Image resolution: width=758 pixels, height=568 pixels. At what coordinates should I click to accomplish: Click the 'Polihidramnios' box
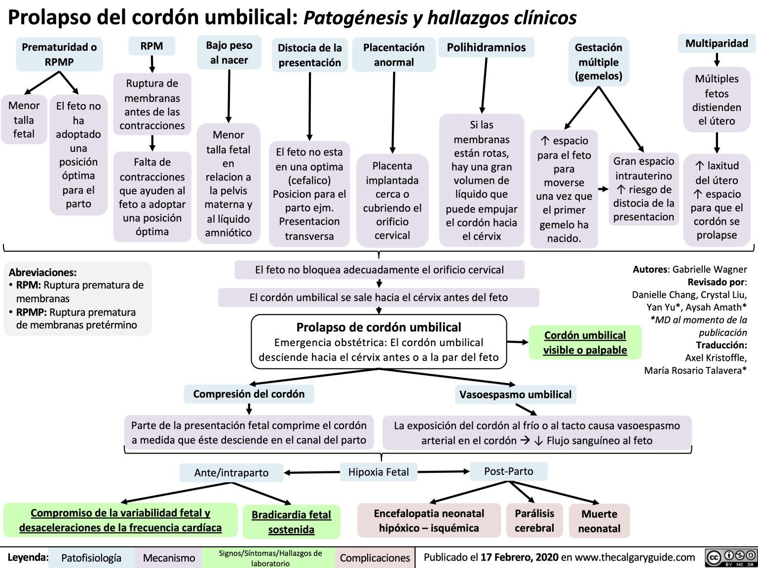click(x=486, y=48)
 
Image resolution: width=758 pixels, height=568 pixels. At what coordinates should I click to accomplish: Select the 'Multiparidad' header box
click(x=717, y=43)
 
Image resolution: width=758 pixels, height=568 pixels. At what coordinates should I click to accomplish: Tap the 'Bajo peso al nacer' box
click(x=229, y=53)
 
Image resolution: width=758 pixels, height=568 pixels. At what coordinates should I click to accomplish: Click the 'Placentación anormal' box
click(x=394, y=55)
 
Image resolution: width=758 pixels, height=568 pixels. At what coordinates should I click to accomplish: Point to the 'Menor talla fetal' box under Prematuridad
click(x=24, y=120)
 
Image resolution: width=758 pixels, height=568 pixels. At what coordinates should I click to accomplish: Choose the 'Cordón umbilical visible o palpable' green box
click(x=585, y=343)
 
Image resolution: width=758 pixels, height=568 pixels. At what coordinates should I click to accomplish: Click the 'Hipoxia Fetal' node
click(x=379, y=472)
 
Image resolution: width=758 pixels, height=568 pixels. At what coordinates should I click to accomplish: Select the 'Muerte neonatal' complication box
click(x=599, y=521)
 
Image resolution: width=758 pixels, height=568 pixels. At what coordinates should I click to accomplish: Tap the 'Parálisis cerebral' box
click(x=534, y=521)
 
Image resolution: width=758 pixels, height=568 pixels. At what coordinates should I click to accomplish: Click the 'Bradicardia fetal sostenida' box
click(x=291, y=522)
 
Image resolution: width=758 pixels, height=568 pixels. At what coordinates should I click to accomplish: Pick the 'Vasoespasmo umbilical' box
click(x=515, y=394)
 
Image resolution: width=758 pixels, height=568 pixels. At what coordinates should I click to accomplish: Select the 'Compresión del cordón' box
click(x=249, y=394)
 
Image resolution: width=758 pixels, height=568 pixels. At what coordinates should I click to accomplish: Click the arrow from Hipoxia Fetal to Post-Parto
click(x=443, y=472)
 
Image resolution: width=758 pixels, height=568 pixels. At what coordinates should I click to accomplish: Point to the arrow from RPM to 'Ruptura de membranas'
click(x=152, y=64)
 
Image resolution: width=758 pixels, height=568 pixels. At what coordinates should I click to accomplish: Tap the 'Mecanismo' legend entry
click(x=169, y=558)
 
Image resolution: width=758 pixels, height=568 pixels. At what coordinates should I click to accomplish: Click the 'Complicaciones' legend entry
click(x=375, y=558)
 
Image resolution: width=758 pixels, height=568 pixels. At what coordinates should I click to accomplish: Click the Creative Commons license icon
click(x=731, y=557)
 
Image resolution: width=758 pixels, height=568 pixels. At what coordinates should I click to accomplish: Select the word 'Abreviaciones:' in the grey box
click(x=42, y=272)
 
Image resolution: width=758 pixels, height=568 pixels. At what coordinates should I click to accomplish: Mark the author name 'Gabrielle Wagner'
click(x=710, y=269)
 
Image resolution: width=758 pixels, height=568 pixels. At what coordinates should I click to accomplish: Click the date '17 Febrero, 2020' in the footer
click(x=519, y=557)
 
